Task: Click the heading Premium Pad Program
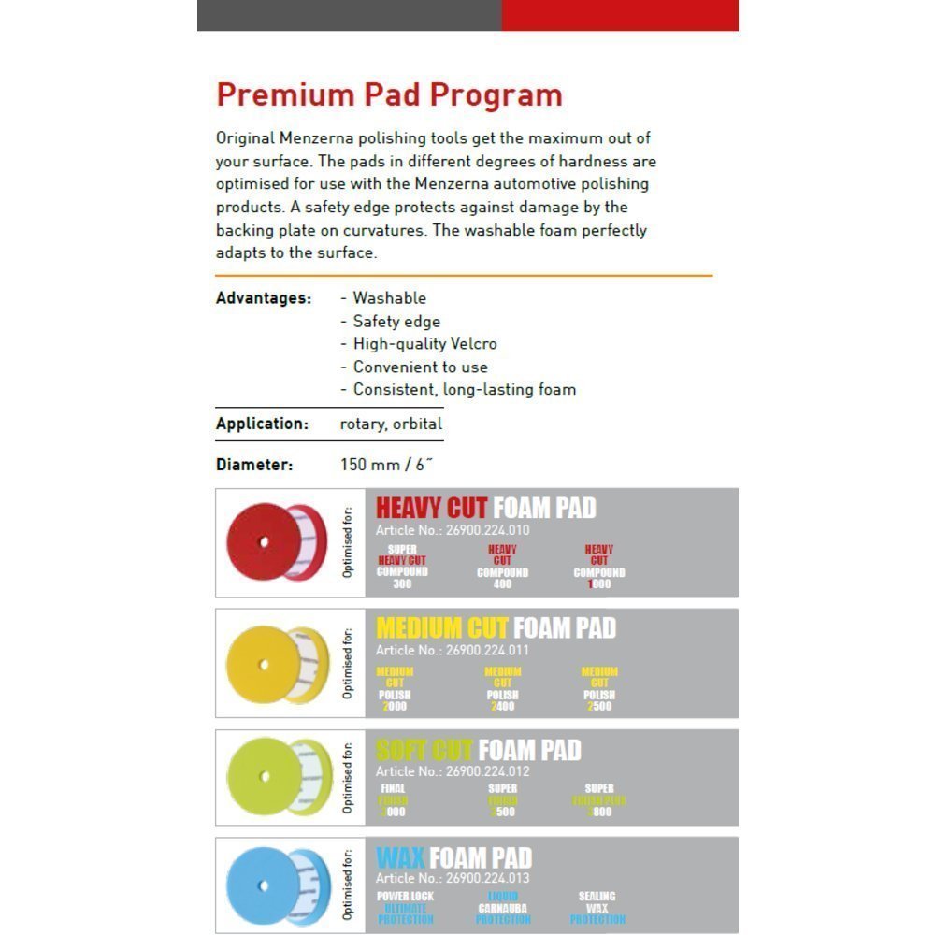389,94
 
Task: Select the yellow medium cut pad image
278,665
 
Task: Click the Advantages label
263,298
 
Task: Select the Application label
262,424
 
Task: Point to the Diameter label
254,464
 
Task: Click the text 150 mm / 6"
388,464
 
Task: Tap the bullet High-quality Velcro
424,344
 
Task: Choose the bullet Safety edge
396,321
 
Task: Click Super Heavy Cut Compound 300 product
402,567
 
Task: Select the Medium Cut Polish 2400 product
502,689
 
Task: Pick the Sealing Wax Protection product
597,908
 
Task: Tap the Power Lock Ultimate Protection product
406,908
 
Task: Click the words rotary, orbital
391,424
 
